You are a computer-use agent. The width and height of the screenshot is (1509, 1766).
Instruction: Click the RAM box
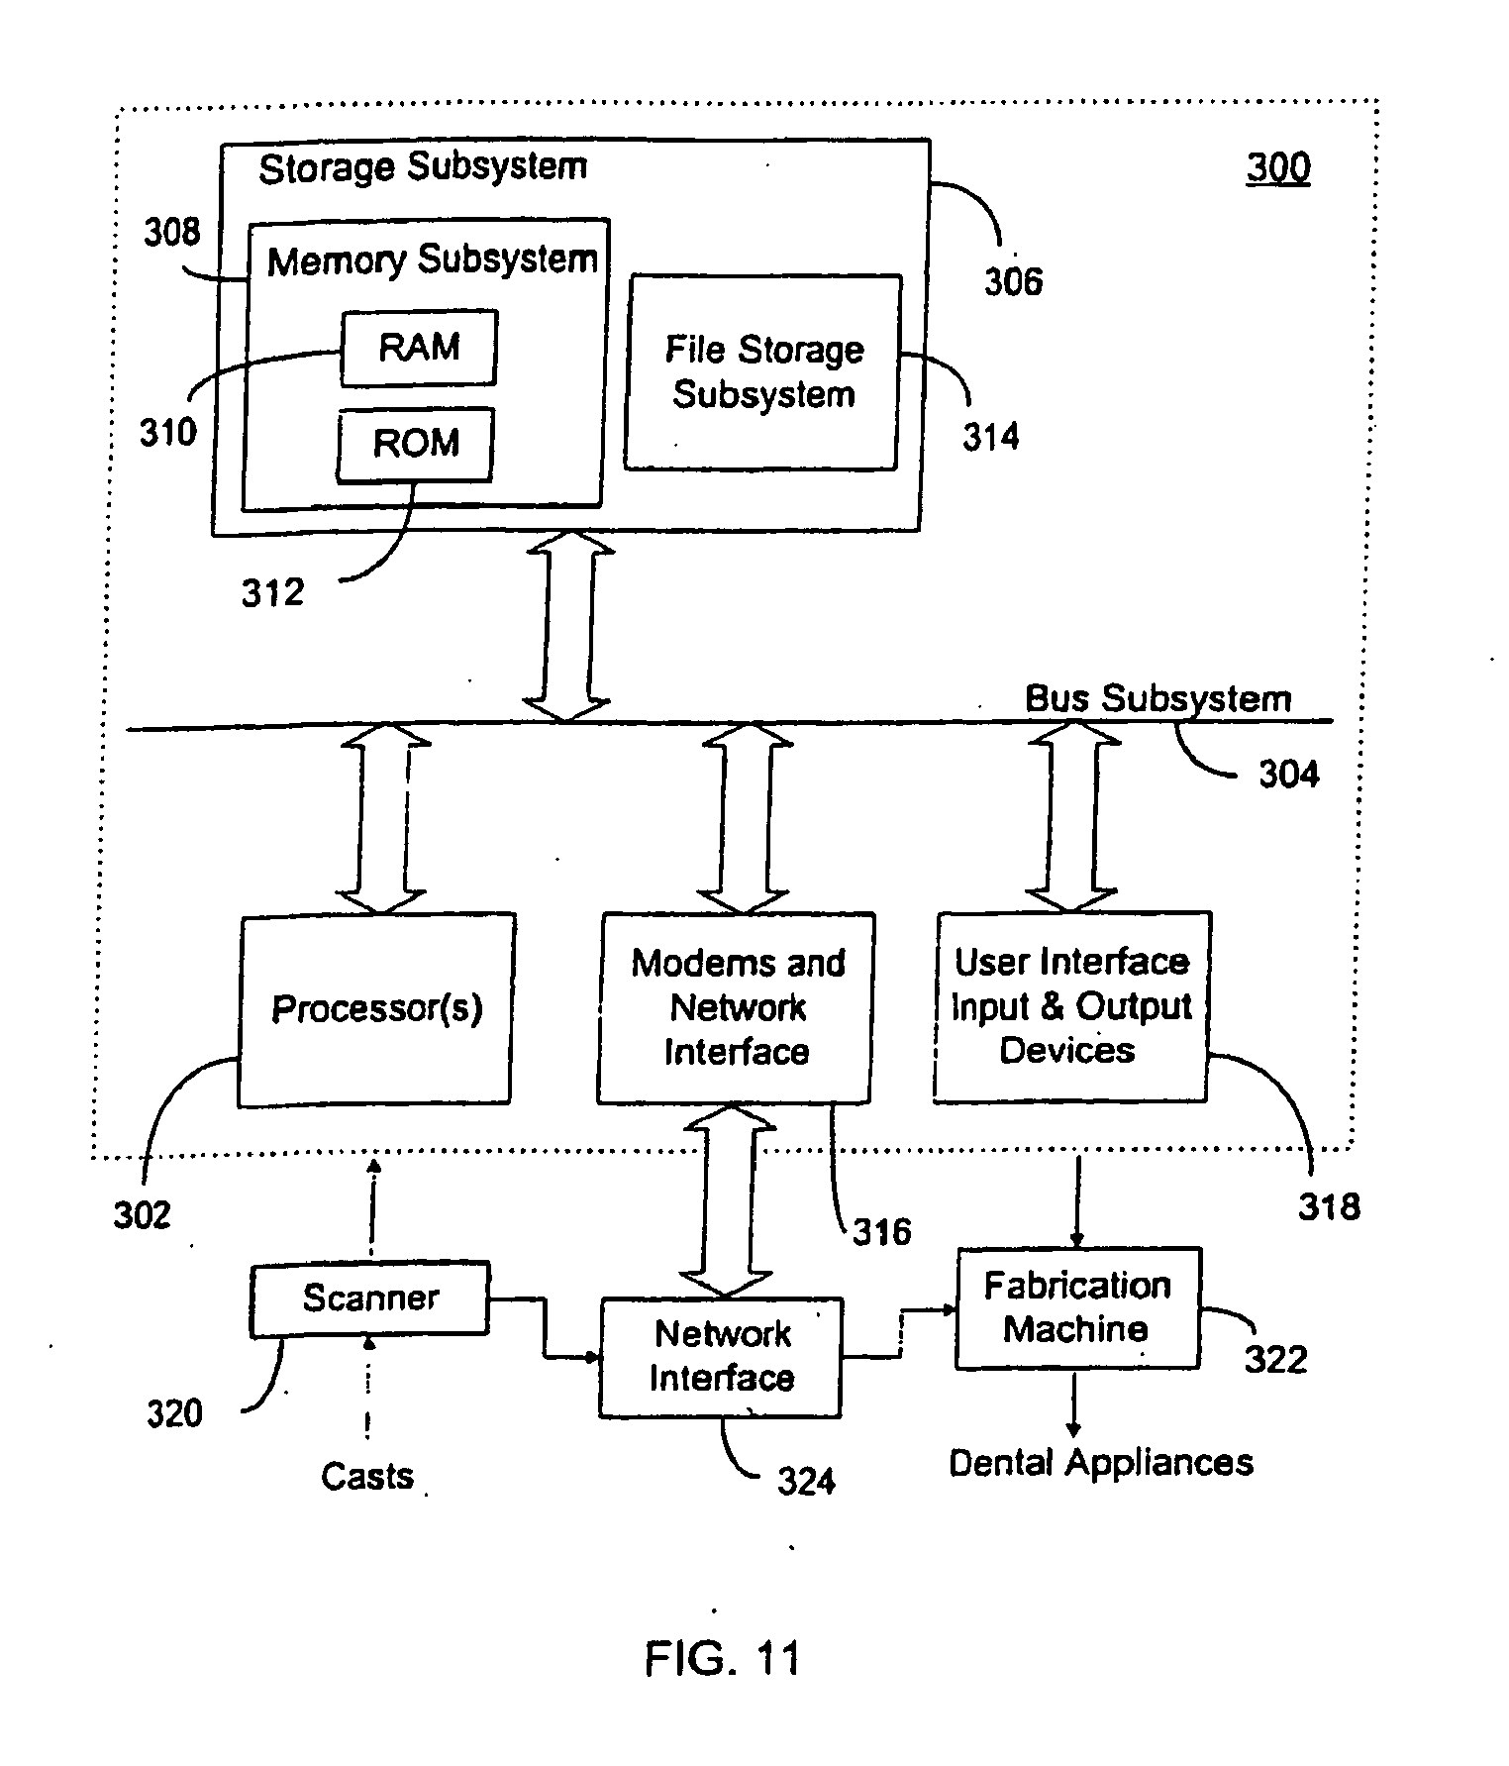(419, 348)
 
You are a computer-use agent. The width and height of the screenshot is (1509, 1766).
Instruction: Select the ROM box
(415, 444)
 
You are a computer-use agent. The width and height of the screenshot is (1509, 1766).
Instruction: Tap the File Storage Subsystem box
(762, 371)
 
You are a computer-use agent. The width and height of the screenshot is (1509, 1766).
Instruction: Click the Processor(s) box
(375, 1008)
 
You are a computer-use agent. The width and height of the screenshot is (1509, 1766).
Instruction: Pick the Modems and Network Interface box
(737, 1007)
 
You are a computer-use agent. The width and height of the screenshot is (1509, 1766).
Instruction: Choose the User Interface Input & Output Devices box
(1070, 1006)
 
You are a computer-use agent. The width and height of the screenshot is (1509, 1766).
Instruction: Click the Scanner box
(370, 1298)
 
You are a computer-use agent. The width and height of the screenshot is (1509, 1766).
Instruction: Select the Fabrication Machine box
(1077, 1307)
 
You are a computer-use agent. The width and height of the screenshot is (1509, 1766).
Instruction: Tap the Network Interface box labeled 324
(721, 1356)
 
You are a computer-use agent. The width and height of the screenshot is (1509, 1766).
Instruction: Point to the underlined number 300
(1278, 167)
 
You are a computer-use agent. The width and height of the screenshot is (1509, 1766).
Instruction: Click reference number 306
(1013, 282)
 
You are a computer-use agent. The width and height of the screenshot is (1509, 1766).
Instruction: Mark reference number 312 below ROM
(272, 592)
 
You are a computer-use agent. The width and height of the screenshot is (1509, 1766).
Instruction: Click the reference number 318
(1329, 1206)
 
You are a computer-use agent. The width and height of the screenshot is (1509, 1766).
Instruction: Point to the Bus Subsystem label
(1157, 698)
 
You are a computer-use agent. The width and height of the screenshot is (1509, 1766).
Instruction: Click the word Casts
(366, 1477)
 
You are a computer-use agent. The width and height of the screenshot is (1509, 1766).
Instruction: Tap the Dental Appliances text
(1100, 1462)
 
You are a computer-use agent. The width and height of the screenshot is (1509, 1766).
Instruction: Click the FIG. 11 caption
(722, 1657)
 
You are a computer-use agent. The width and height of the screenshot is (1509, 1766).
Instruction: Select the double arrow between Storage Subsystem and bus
(567, 627)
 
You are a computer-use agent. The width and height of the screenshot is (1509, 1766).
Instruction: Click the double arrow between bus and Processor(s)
(384, 817)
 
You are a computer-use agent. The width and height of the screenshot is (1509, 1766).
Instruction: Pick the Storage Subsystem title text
(423, 167)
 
